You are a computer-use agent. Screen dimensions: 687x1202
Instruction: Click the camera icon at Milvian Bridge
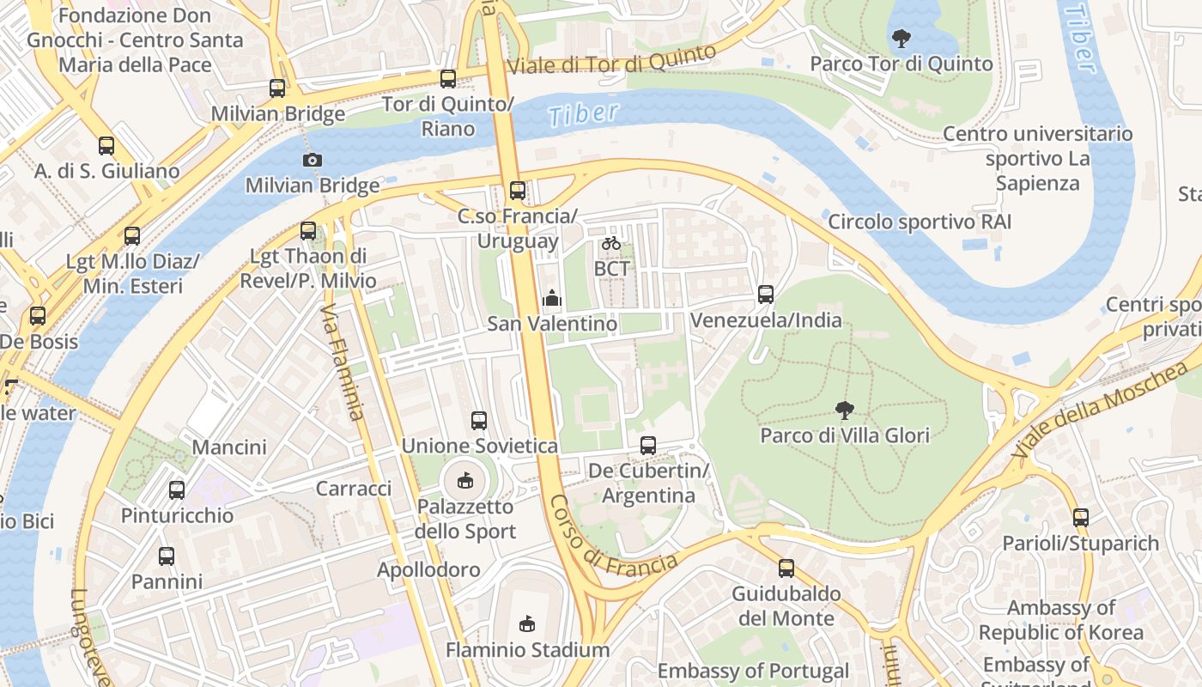[x=313, y=160]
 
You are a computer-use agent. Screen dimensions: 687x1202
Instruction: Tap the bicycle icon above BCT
[x=611, y=243]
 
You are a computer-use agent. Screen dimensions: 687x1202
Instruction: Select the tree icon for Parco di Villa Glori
[x=845, y=410]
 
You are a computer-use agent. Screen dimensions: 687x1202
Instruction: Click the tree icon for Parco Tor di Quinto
[x=901, y=38]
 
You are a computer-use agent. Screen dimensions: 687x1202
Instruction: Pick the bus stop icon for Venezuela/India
[x=766, y=295]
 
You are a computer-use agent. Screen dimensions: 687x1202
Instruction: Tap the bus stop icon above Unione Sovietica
[x=479, y=421]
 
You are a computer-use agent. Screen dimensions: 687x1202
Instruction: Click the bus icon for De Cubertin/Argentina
[x=648, y=446]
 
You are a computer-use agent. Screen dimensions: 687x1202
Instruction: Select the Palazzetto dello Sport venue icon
[x=465, y=480]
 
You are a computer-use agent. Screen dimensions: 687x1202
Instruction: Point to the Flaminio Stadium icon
[x=527, y=624]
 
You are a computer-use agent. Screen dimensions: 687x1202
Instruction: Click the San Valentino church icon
[x=552, y=298]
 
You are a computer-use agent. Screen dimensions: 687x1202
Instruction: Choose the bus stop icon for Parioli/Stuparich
[x=1080, y=518]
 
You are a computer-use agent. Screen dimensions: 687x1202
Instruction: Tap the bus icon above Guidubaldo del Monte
[x=786, y=568]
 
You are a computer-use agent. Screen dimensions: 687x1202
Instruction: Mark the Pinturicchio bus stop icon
[x=177, y=490]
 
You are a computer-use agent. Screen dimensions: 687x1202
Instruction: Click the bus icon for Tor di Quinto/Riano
[x=448, y=79]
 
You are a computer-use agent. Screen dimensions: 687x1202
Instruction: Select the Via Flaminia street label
[x=343, y=362]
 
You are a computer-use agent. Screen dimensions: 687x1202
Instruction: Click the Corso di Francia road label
[x=613, y=538]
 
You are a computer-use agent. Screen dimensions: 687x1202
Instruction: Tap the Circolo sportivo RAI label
[x=920, y=222]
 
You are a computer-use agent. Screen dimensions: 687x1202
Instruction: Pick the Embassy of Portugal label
[x=753, y=671]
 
